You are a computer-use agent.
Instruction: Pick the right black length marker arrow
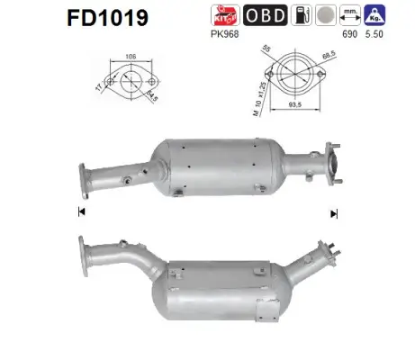pos(333,212)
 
